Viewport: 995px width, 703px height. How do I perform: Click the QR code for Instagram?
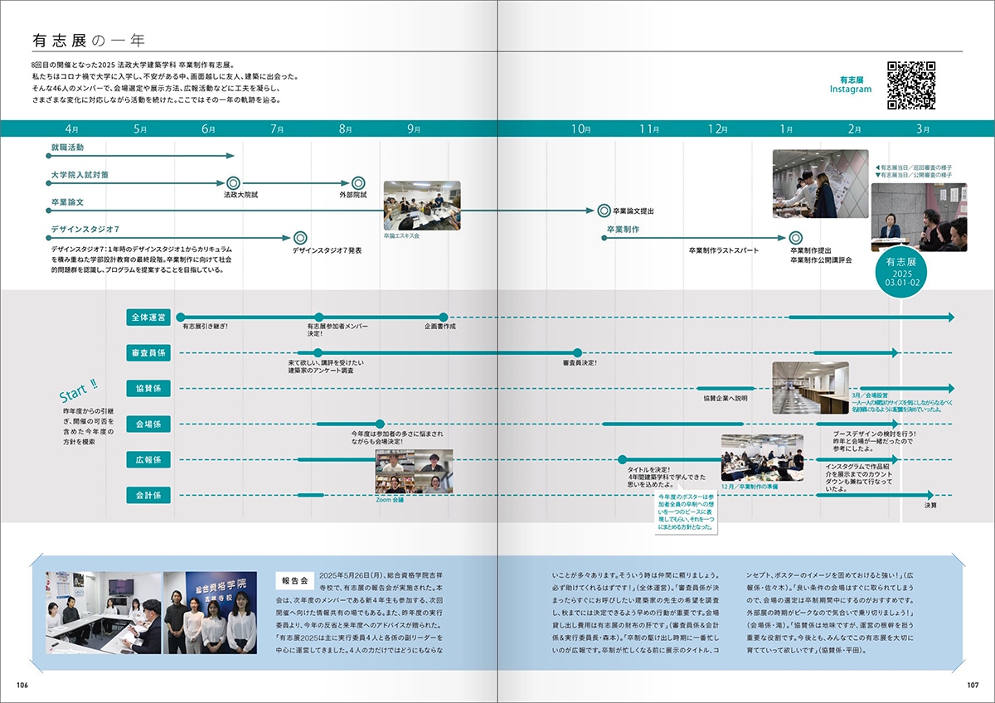coord(911,86)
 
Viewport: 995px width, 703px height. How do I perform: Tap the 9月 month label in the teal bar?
coord(414,129)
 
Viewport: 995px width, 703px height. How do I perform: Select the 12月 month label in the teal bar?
coord(717,129)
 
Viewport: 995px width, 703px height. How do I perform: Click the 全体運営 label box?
coord(149,318)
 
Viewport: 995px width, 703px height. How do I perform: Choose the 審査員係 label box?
coord(149,353)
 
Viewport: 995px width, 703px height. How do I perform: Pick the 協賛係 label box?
coord(149,388)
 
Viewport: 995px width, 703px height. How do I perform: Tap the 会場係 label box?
coord(149,424)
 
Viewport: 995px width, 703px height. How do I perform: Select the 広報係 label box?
coord(149,459)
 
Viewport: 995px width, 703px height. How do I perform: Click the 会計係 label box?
coord(149,495)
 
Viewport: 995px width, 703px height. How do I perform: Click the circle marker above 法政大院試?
coord(233,183)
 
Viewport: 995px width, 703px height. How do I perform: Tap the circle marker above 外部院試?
coord(358,183)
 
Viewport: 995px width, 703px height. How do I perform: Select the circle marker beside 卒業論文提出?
coord(603,211)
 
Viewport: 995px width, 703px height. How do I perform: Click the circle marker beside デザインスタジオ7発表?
coord(300,238)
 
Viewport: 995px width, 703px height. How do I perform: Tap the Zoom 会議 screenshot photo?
coord(414,471)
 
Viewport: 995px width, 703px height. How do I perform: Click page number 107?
coord(972,685)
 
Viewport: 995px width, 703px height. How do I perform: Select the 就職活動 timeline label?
coord(67,147)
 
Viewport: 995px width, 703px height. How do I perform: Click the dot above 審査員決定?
coord(578,353)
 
